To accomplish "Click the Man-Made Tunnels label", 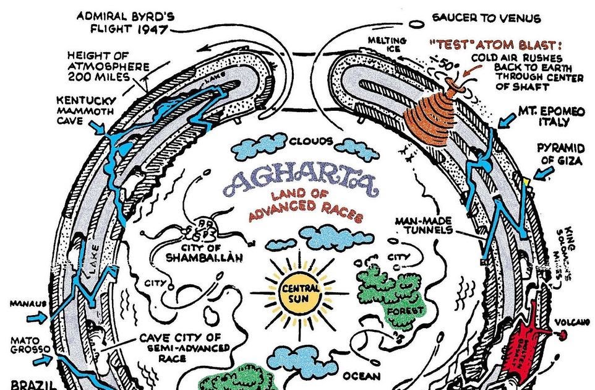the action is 427,225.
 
